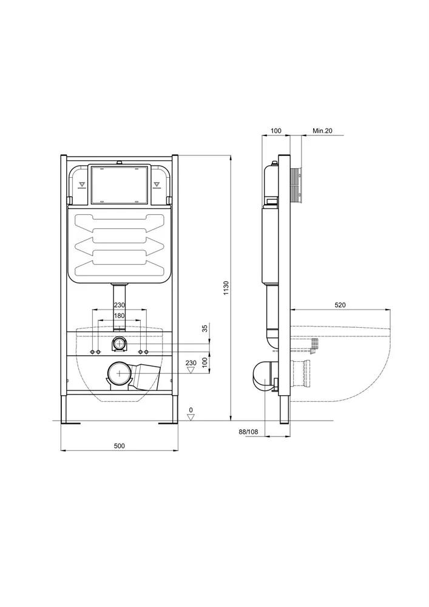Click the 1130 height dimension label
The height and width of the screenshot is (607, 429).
pos(227,288)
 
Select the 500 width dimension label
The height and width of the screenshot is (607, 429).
pos(120,446)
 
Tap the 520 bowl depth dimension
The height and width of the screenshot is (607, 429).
pos(340,305)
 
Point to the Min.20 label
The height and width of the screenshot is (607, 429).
pos(322,131)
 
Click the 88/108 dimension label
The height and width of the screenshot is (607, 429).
pos(248,432)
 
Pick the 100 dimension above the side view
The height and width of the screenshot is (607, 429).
pos(276,131)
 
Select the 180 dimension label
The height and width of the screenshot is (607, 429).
pos(119,316)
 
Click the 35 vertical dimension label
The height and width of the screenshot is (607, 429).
pos(205,328)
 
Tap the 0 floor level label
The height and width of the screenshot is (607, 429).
pos(191,410)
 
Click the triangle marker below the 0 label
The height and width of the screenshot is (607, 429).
pos(191,417)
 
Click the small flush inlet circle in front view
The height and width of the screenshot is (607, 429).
pos(119,344)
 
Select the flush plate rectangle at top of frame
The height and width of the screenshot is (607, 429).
pos(119,185)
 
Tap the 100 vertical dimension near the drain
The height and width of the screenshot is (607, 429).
pos(205,362)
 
